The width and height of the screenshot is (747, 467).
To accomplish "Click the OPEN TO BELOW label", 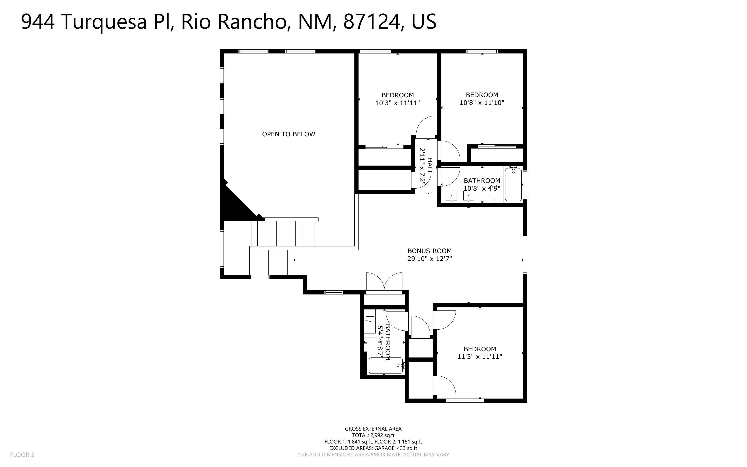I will coord(289,134).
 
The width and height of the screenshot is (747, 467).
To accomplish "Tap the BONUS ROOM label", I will coord(430,251).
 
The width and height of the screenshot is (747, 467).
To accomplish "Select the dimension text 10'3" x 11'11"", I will coord(398,103).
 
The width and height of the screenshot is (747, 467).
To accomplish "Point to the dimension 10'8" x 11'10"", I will coord(482,103).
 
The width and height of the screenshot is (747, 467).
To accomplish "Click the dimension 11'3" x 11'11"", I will coord(480,356).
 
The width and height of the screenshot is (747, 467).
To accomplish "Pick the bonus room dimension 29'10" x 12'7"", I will coord(430,259).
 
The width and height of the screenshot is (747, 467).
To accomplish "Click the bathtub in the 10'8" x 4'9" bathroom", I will coord(513,185).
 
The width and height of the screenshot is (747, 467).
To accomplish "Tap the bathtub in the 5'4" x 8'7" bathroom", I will coord(386,365).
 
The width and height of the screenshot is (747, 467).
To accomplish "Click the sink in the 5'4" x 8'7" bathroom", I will coord(369,321).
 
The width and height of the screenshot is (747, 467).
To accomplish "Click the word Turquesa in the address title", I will coord(105,22).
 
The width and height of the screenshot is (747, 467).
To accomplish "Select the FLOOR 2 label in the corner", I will coord(22,455).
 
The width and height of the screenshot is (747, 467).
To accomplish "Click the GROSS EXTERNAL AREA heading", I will coord(373,429).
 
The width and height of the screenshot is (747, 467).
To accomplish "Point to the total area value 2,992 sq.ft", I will coord(382,435).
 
